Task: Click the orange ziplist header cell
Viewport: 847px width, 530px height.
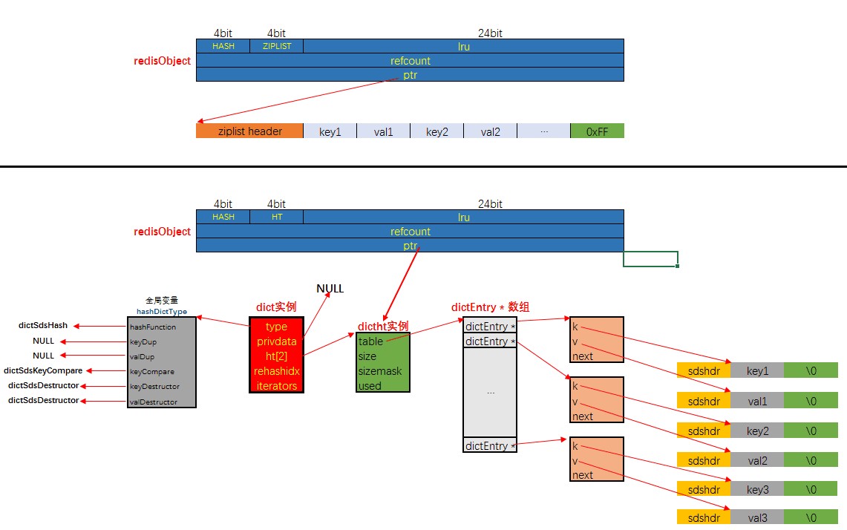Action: (249, 131)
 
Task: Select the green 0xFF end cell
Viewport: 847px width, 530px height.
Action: (597, 131)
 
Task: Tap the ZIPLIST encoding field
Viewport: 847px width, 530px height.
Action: (276, 46)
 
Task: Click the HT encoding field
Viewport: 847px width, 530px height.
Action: (276, 217)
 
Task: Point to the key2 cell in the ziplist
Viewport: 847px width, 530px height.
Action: (436, 131)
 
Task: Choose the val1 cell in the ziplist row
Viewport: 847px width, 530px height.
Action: (383, 131)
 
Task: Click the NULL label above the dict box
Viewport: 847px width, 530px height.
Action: (330, 289)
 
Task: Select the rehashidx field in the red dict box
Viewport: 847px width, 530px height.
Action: (276, 371)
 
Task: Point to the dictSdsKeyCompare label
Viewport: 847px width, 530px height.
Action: (43, 370)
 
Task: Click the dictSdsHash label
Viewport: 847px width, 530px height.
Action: (43, 325)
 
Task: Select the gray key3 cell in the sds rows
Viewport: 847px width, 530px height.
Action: (757, 490)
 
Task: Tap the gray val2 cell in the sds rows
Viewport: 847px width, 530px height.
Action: (757, 460)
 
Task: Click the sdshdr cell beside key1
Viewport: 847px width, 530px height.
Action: (703, 370)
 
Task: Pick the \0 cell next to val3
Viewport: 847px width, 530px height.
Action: (811, 517)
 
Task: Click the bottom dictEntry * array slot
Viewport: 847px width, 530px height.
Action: (489, 445)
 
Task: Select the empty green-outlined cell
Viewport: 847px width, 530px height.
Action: (650, 259)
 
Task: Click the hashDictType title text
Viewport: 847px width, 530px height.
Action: (162, 312)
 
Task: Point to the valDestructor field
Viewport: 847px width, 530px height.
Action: (154, 402)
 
